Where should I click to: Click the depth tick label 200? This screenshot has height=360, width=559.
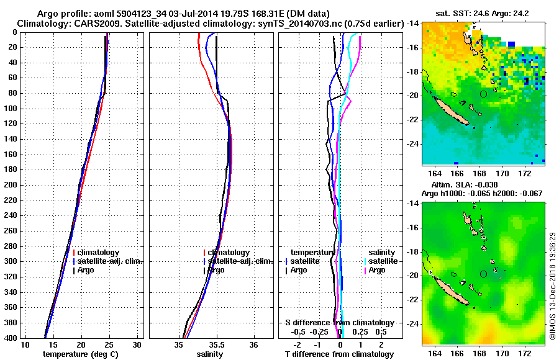[11, 185]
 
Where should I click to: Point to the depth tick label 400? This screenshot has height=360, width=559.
[11, 338]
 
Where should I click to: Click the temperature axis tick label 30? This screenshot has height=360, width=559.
[137, 344]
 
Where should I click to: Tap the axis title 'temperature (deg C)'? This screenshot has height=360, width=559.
[80, 354]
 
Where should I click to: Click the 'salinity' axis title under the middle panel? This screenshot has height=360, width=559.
[209, 354]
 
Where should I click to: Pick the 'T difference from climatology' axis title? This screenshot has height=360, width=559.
[339, 354]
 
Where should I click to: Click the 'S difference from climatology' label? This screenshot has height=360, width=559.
[339, 323]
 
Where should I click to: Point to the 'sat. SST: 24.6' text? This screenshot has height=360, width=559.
[462, 13]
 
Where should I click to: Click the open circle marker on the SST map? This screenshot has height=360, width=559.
[483, 94]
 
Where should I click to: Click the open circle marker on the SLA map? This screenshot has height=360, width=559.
[483, 274]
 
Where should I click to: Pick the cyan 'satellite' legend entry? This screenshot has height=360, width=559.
[380, 261]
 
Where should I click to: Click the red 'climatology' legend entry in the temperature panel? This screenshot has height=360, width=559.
[101, 253]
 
